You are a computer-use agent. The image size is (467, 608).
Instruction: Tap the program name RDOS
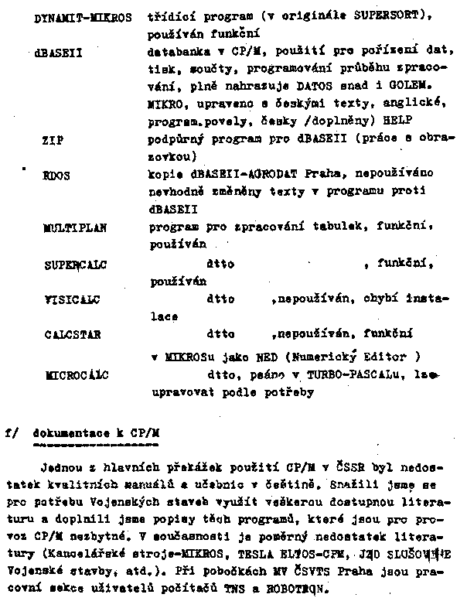click(x=56, y=176)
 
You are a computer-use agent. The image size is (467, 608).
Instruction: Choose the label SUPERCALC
click(x=76, y=265)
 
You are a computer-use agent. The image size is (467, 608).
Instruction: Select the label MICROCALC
click(x=76, y=376)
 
